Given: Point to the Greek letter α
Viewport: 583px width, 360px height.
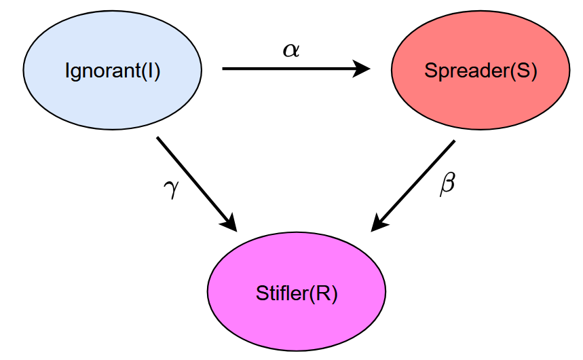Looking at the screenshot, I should coord(290,50).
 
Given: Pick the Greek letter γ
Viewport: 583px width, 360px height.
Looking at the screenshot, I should coord(171,188).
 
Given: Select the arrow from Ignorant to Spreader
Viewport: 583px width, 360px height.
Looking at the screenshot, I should coord(292,69).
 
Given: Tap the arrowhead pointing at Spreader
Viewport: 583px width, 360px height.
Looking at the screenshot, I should coord(362,69).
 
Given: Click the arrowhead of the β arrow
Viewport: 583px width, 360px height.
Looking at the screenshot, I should coord(380,223).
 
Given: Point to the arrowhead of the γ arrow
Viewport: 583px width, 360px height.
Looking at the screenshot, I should coord(228,221).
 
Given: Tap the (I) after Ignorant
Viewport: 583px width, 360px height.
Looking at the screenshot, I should coord(151,71).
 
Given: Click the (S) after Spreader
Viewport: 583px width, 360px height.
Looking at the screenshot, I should coord(523,71).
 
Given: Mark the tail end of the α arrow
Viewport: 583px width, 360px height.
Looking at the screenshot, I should coord(225,69).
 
